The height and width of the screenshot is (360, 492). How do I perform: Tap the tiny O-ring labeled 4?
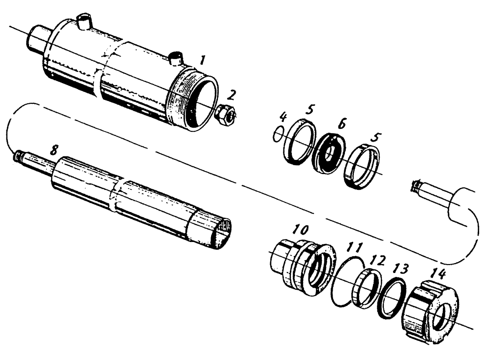coord(278,133)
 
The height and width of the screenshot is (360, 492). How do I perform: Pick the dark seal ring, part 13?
coord(391,298)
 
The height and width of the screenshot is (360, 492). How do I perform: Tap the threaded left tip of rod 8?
coord(19,156)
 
